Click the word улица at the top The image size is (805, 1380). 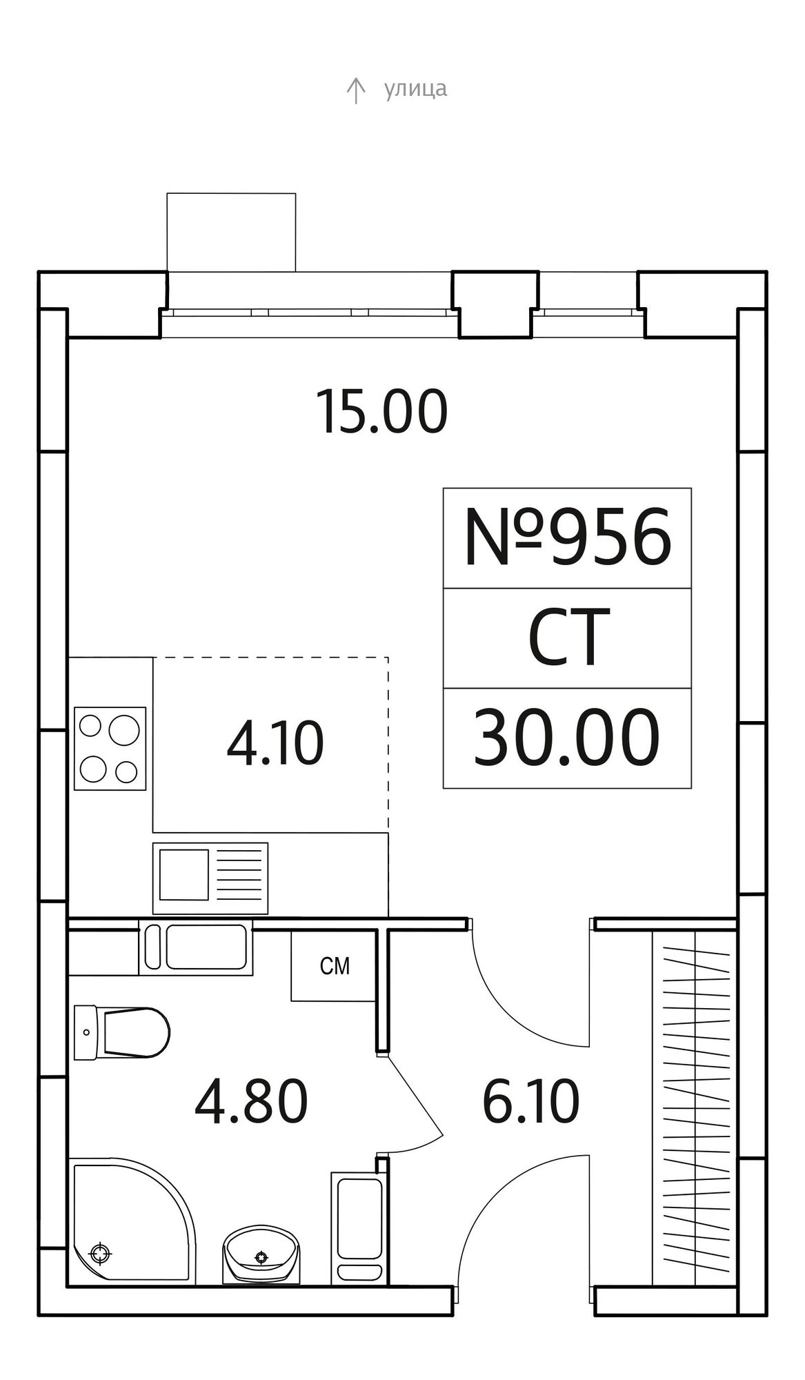(x=415, y=89)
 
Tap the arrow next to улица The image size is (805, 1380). (x=355, y=90)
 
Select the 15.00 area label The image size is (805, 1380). (x=382, y=412)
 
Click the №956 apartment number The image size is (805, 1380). (x=567, y=538)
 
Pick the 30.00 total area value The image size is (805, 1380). (x=566, y=738)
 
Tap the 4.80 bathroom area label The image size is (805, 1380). (x=251, y=1102)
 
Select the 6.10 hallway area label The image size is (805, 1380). (x=530, y=1102)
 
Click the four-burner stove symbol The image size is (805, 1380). (x=110, y=748)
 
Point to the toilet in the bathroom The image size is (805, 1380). (x=121, y=1033)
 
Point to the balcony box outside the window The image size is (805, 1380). (x=231, y=232)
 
